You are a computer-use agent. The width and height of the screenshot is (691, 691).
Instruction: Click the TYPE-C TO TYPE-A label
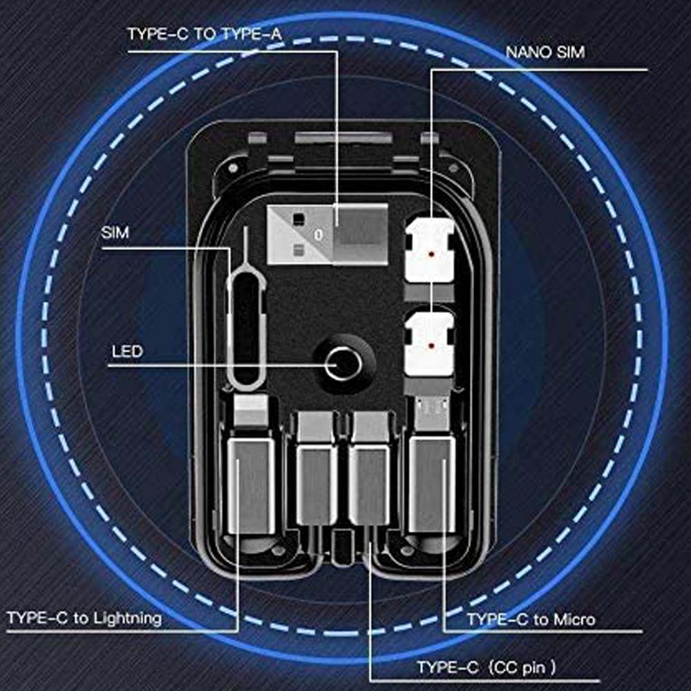tap(204, 35)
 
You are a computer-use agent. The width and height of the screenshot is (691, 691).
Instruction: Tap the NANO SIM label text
tap(545, 53)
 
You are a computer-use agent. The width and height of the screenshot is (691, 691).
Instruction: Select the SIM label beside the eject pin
tap(115, 233)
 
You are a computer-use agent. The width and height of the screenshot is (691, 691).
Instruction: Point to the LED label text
tap(127, 352)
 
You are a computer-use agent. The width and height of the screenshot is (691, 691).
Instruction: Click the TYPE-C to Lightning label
tap(84, 618)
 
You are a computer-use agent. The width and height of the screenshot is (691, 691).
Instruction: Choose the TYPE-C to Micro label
tap(531, 620)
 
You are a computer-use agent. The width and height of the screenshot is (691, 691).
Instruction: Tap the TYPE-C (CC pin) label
tap(486, 668)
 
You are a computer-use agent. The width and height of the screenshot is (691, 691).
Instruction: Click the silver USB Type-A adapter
tap(328, 234)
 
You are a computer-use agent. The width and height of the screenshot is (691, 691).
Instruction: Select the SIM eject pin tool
tap(245, 310)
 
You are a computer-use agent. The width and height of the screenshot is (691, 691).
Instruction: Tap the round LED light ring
tap(343, 364)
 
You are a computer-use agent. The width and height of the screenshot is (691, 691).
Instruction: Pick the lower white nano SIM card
tap(430, 344)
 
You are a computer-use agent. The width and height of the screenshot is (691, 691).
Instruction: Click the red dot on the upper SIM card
tap(432, 254)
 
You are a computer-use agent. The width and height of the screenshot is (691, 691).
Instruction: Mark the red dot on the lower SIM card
tap(432, 346)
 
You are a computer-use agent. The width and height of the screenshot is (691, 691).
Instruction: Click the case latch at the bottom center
tap(343, 548)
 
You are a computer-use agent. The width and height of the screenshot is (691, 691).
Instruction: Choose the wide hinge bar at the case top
tap(343, 138)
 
